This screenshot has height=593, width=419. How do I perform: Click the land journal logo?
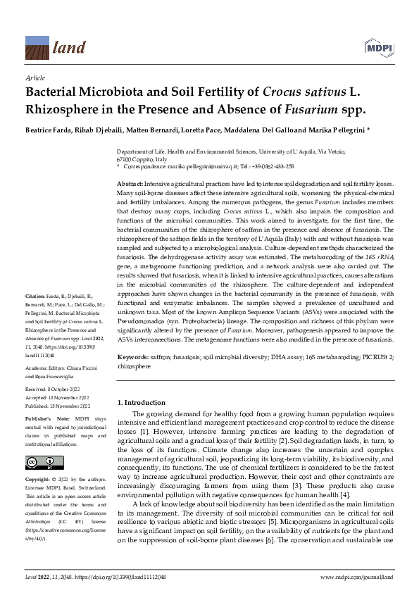point(49,47)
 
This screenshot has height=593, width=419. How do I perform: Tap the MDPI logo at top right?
point(380,46)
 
